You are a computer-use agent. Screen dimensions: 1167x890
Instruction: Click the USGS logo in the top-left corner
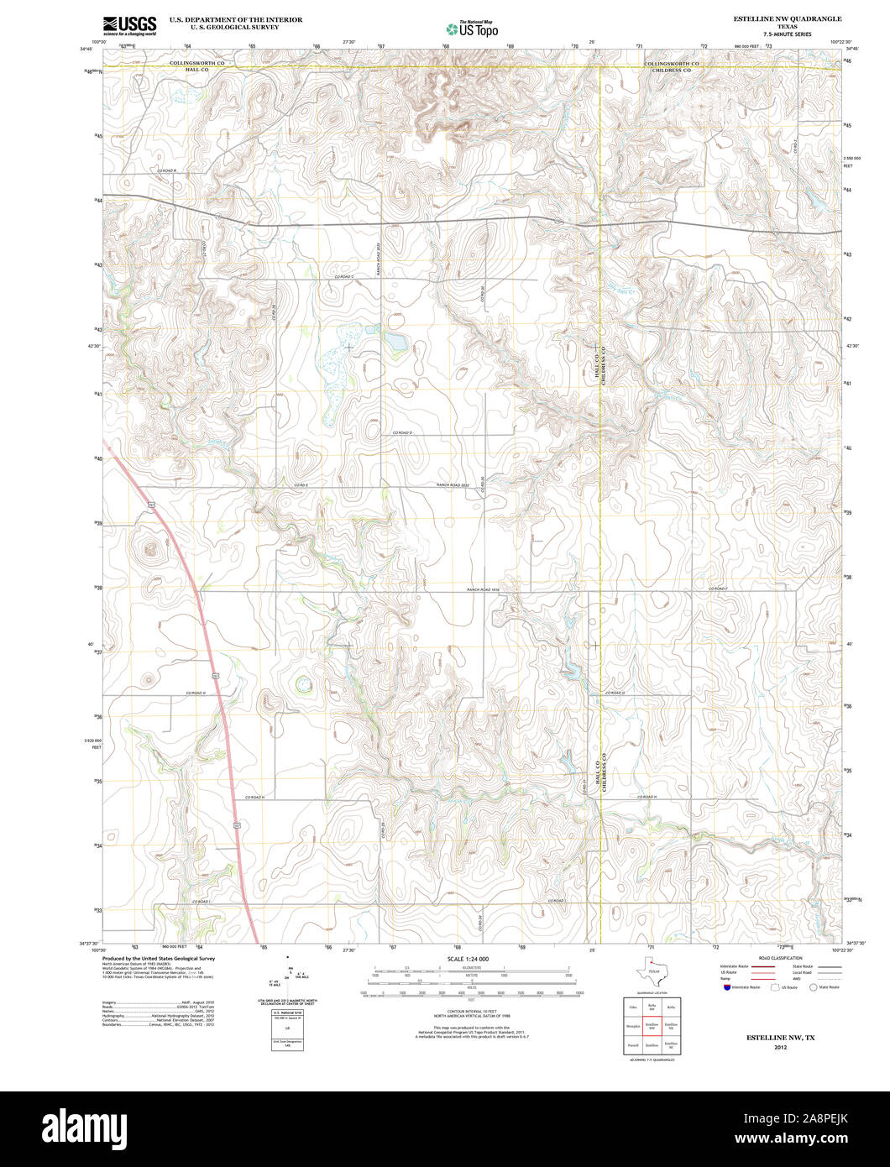click(129, 26)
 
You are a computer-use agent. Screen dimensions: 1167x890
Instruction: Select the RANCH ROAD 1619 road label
click(484, 590)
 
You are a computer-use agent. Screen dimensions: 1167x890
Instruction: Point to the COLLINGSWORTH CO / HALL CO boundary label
click(197, 66)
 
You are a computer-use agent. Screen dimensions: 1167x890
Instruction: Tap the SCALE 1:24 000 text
click(468, 959)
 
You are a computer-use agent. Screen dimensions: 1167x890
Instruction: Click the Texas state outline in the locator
click(652, 975)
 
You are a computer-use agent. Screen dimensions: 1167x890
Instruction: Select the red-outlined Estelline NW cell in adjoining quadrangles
click(651, 1025)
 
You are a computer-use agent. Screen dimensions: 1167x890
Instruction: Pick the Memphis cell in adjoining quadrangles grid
click(631, 1025)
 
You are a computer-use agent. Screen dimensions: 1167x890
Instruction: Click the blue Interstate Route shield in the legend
click(725, 987)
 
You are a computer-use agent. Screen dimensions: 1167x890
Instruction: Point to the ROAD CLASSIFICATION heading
click(780, 958)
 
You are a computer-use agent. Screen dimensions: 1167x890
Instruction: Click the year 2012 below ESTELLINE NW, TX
click(780, 1047)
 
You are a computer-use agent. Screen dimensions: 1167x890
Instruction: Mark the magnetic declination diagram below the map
click(288, 978)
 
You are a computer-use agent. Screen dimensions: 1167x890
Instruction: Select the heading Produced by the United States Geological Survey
click(158, 958)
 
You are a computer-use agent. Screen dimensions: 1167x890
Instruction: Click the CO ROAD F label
click(718, 589)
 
